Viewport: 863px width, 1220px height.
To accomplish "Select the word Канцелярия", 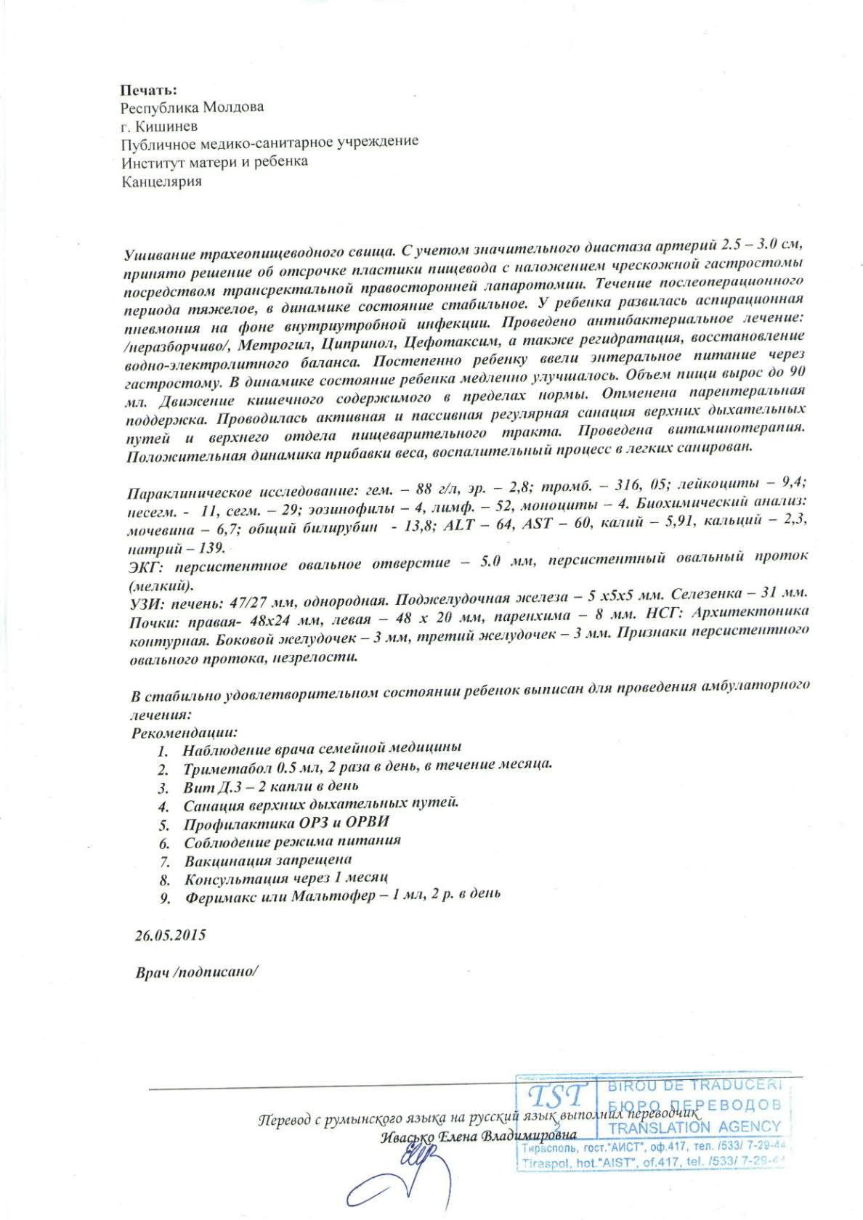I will pyautogui.click(x=161, y=181).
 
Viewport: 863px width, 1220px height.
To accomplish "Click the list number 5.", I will pyautogui.click(x=164, y=825).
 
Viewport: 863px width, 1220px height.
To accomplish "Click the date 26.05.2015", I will pyautogui.click(x=171, y=935).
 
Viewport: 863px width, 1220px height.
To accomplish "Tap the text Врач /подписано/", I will pyautogui.click(x=196, y=972).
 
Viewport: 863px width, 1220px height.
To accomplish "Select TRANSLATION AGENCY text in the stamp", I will pyautogui.click(x=694, y=1128).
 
